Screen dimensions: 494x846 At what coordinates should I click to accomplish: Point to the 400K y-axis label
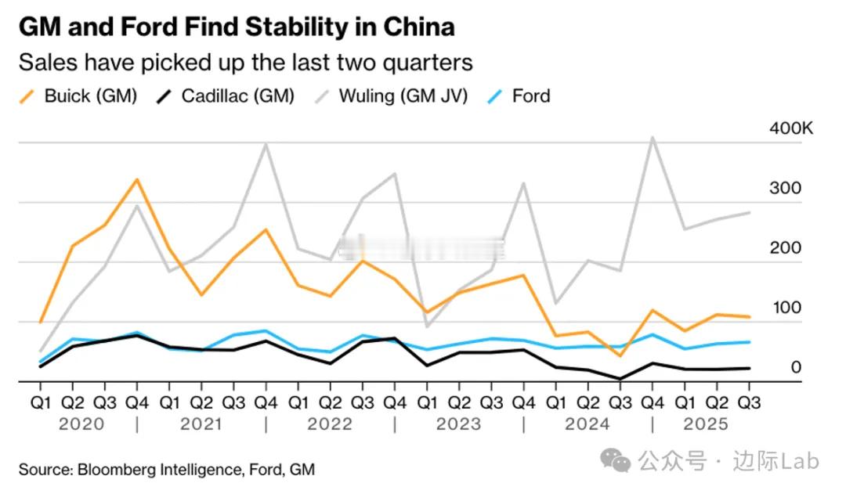point(791,128)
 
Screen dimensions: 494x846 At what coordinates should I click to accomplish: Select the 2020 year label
point(82,424)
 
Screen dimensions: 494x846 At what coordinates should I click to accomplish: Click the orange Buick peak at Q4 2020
point(137,179)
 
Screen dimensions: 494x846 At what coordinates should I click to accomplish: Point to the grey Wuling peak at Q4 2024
point(652,138)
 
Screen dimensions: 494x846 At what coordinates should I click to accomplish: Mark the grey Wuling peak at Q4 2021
point(266,144)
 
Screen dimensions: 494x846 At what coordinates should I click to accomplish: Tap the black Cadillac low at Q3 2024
point(620,379)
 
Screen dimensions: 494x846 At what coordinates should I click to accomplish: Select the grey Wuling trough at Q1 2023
point(427,326)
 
